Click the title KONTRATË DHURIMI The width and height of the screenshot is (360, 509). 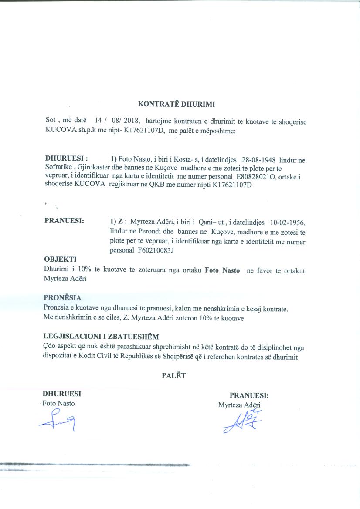pyautogui.click(x=177, y=104)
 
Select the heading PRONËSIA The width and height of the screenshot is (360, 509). pyautogui.click(x=62, y=298)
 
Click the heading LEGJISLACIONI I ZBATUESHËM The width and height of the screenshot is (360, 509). pyautogui.click(x=101, y=337)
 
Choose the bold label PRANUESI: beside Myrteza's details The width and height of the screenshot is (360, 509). pyautogui.click(x=64, y=221)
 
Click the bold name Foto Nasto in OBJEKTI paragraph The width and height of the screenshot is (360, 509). pyautogui.click(x=222, y=270)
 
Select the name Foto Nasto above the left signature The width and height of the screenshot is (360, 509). pyautogui.click(x=58, y=403)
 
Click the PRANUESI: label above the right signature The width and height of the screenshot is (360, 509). pyautogui.click(x=249, y=396)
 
